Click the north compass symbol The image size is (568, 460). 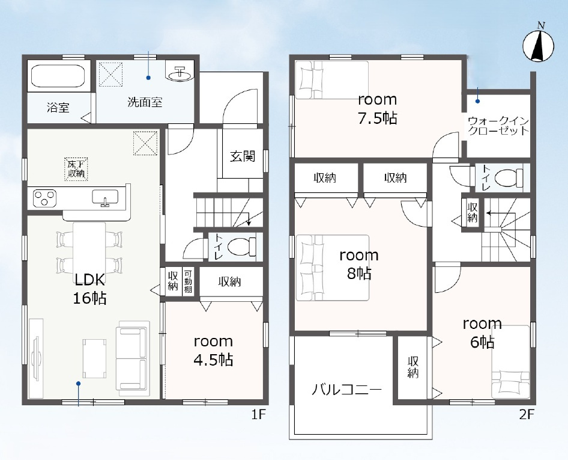[x=539, y=46]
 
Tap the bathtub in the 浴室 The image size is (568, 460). [x=58, y=76]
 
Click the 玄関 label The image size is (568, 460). [x=243, y=156]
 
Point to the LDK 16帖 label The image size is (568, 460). [x=90, y=289]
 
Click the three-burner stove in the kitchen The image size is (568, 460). [x=44, y=198]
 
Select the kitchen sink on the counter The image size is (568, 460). [x=105, y=198]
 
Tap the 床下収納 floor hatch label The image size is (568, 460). [x=76, y=169]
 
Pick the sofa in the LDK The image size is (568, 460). [x=133, y=358]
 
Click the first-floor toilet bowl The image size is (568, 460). [x=241, y=247]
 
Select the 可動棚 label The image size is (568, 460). [x=188, y=281]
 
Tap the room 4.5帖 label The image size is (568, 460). [x=213, y=351]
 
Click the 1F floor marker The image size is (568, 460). [x=259, y=414]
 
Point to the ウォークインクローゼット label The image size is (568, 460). [x=498, y=126]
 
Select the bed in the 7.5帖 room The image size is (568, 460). [x=332, y=80]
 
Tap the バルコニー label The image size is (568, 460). [x=346, y=390]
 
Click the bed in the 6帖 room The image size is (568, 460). [x=510, y=362]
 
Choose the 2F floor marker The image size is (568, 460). [x=527, y=414]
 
